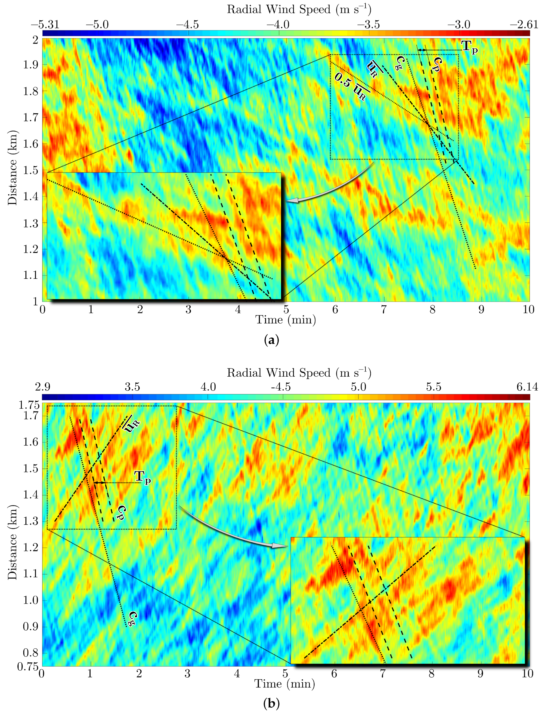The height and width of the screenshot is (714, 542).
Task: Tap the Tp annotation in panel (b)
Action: coord(142,477)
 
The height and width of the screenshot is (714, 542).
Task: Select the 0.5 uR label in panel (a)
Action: coord(352,86)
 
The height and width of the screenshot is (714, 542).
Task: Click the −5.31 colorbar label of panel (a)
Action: coord(45,25)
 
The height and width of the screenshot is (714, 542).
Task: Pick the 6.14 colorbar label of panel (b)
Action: coord(527,387)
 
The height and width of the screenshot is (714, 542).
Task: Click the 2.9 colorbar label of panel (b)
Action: coord(43,387)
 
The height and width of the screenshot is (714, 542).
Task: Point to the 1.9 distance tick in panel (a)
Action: coord(31,65)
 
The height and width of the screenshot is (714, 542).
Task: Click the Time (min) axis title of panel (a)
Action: coord(285,320)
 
